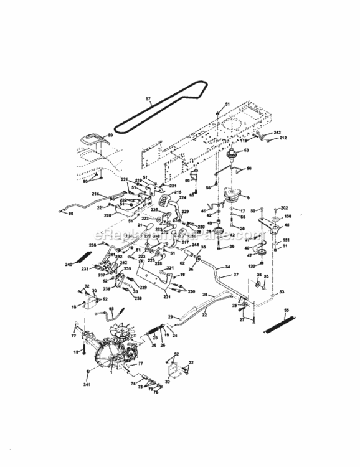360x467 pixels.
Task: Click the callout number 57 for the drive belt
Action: [x=148, y=99]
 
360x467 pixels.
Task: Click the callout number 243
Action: [x=278, y=132]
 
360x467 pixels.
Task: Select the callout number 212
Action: [x=283, y=138]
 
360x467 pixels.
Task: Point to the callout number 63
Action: [x=245, y=150]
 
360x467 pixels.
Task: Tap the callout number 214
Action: [x=95, y=194]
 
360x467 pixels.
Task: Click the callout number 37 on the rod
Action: [x=236, y=275]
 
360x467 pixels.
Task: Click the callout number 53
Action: [x=282, y=291]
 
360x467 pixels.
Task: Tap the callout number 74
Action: [x=133, y=384]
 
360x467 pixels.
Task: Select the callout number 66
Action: [x=250, y=168]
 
